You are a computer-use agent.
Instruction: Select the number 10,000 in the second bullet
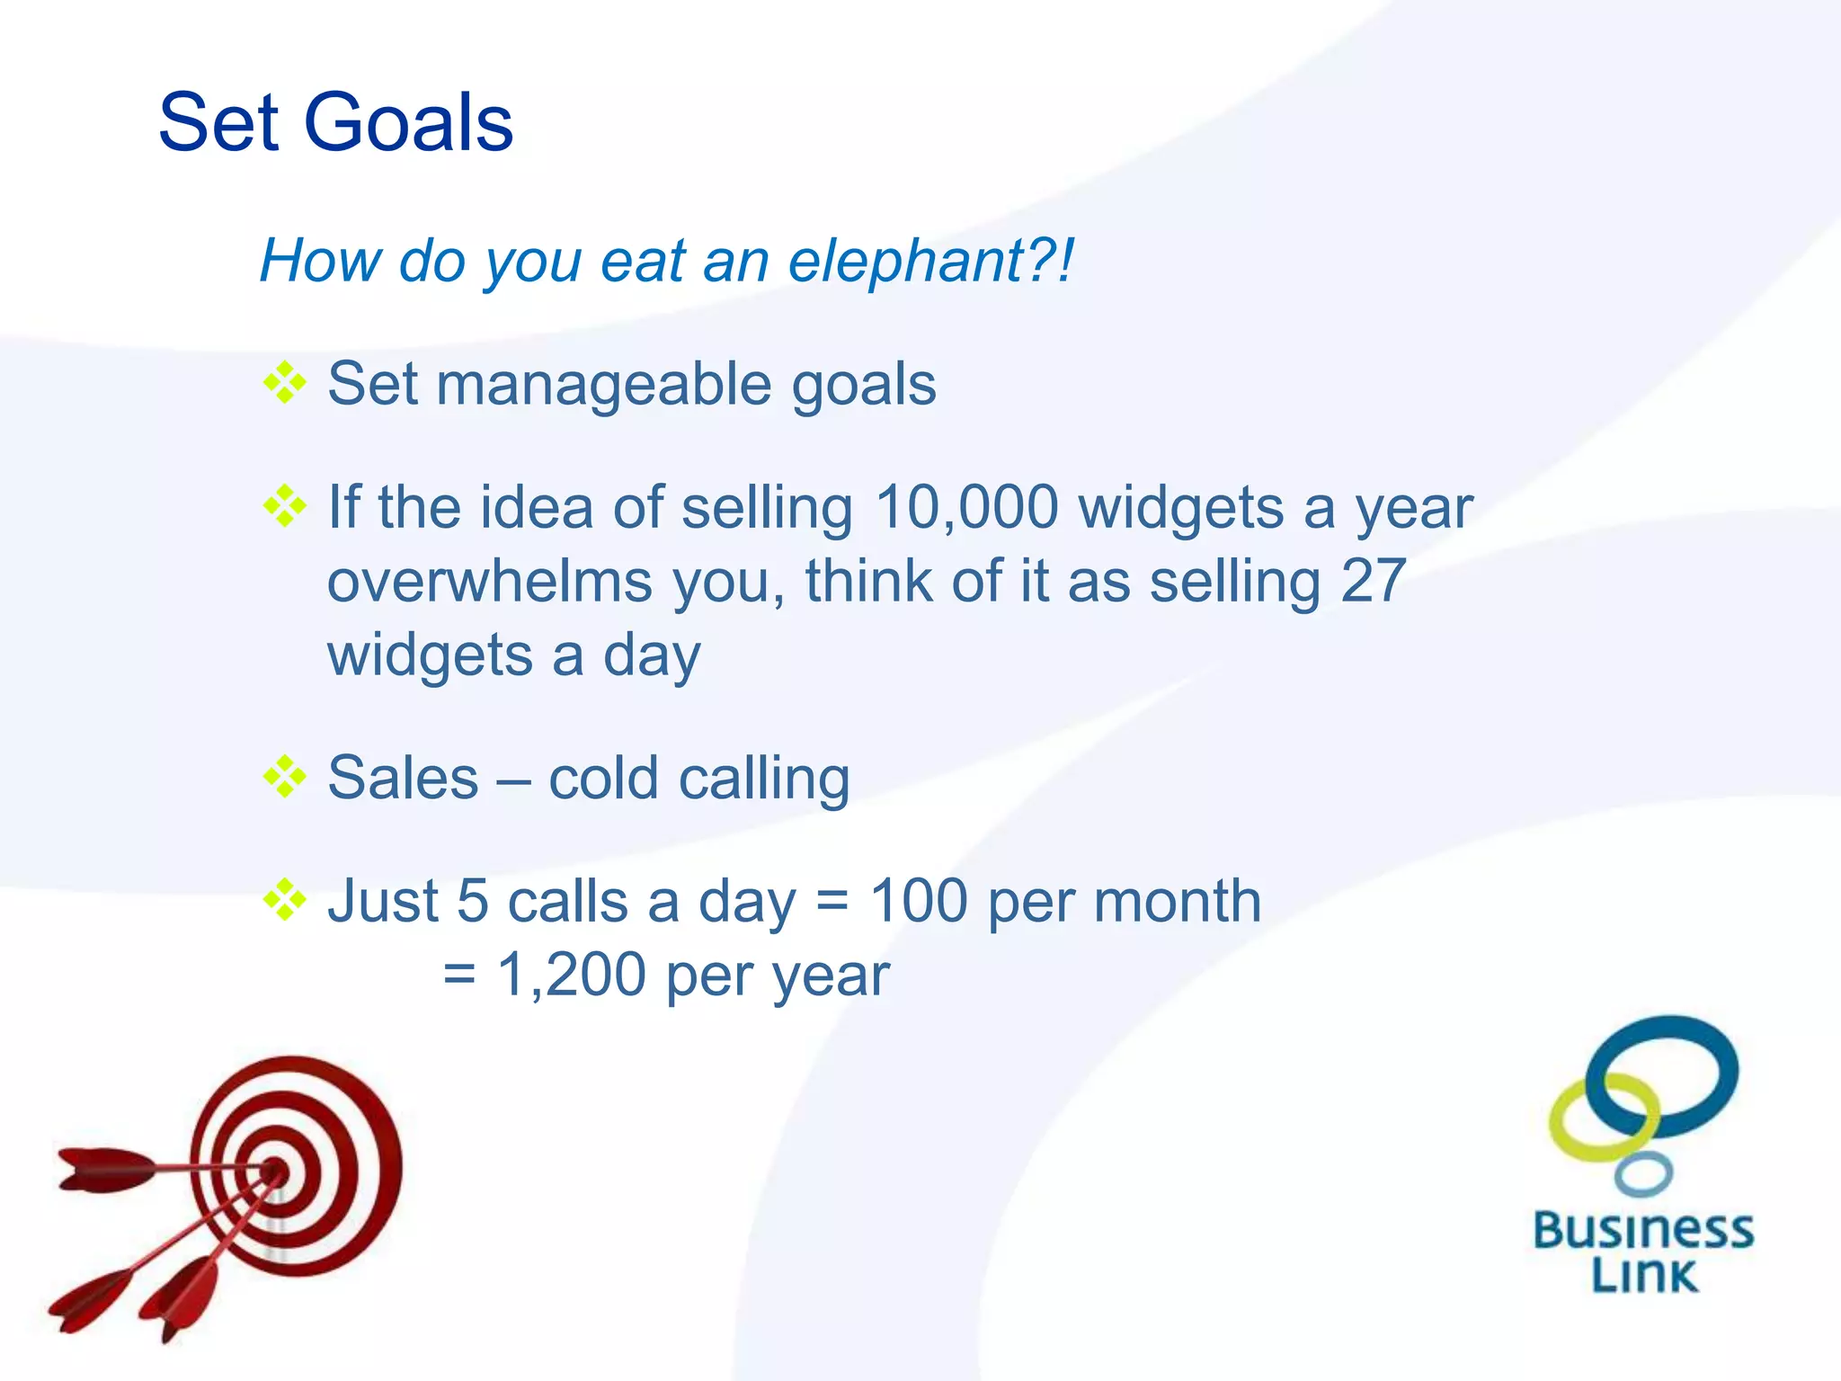[x=967, y=507]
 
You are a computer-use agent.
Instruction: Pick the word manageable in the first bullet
[x=604, y=385]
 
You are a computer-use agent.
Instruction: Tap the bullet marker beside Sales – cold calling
[x=285, y=777]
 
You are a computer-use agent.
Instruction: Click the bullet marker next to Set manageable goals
[x=285, y=384]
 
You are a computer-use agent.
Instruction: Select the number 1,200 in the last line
[x=572, y=975]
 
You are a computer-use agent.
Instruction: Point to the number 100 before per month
[x=919, y=901]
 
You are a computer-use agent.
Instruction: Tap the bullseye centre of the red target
[x=275, y=1172]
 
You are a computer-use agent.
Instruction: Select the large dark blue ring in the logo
[x=1663, y=1074]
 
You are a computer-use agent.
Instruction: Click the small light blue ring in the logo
[x=1642, y=1173]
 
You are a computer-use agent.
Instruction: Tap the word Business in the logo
[x=1642, y=1231]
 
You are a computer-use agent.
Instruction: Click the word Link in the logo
[x=1644, y=1275]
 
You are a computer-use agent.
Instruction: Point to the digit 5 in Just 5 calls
[x=472, y=901]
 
